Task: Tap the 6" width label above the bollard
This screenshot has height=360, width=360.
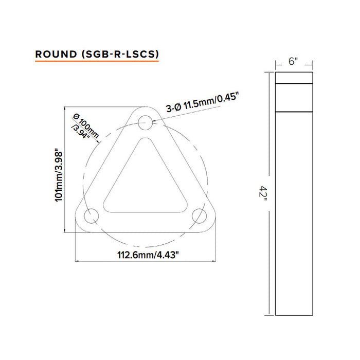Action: tap(294, 62)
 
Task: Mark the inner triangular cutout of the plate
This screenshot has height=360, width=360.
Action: tap(143, 181)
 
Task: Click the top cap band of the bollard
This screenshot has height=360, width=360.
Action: tap(294, 78)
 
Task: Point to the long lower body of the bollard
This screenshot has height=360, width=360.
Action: tap(294, 216)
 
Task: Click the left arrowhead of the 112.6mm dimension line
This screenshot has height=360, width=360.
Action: tap(78, 261)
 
